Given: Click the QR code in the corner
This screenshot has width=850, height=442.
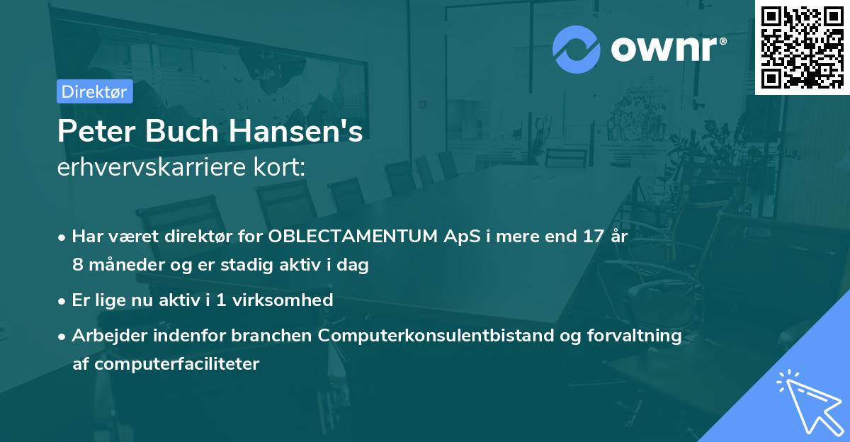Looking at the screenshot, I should pos(802,47).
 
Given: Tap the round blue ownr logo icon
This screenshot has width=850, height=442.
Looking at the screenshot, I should pos(576,50).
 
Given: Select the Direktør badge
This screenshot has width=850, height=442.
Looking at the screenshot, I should pos(94,91).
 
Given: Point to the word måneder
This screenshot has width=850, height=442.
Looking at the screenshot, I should pos(123,266).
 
